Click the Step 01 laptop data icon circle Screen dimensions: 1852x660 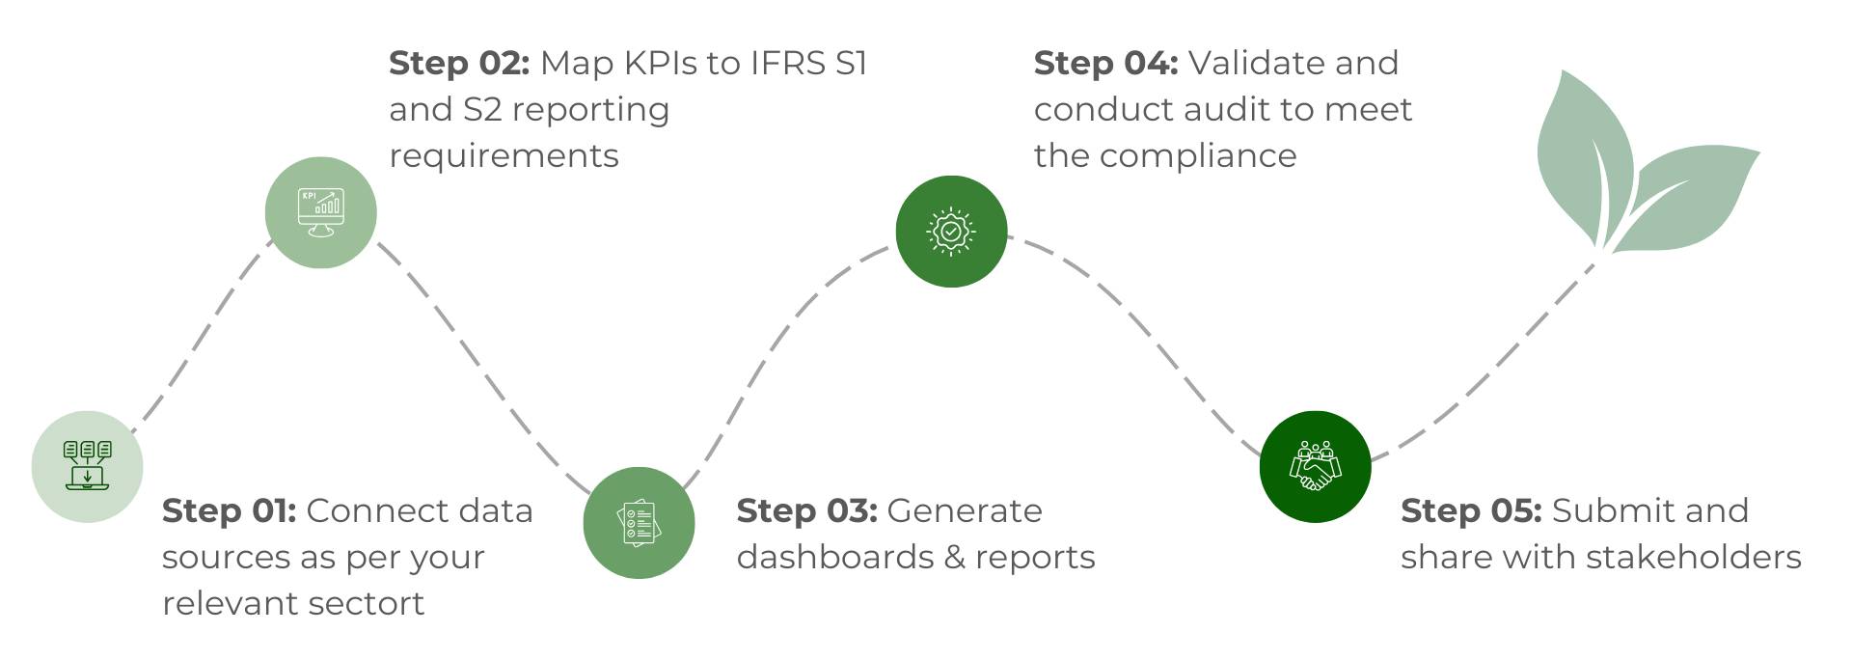click(87, 467)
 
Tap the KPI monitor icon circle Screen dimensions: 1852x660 click(320, 212)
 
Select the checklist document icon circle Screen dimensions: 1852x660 click(639, 523)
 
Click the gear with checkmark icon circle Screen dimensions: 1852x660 click(951, 232)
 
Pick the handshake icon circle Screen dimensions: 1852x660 click(1315, 467)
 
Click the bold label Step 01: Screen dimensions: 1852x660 click(229, 510)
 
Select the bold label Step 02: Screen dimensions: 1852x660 click(459, 63)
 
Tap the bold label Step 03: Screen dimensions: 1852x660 click(806, 510)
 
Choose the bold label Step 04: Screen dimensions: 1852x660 click(1105, 63)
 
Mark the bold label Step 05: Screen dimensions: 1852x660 click(1471, 510)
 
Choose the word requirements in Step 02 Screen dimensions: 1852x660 click(504, 156)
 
